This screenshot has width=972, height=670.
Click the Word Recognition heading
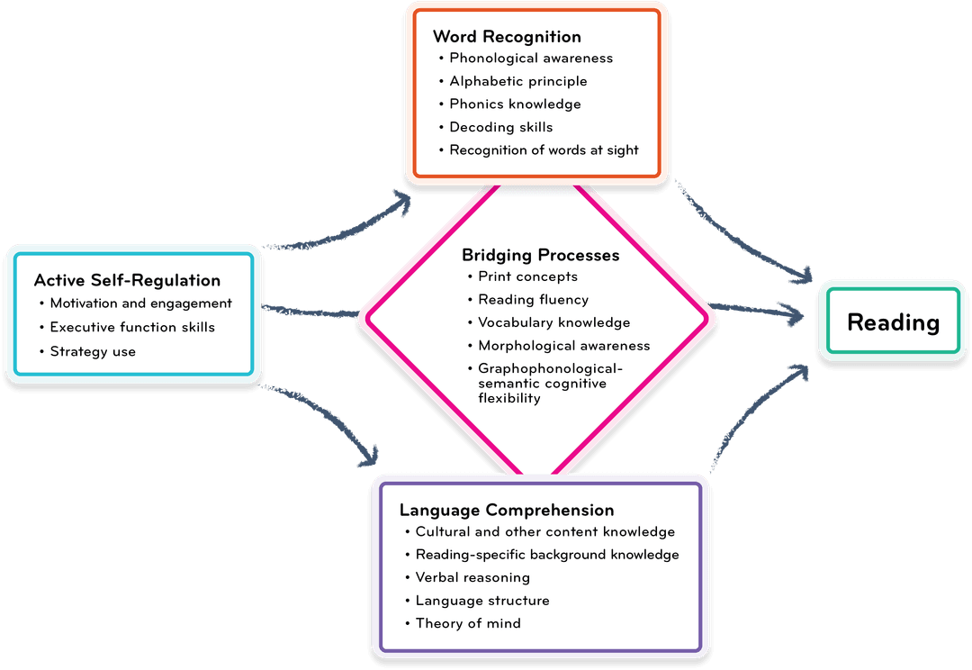(x=507, y=37)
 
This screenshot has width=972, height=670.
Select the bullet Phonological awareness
(x=531, y=59)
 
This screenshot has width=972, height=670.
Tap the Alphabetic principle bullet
(x=518, y=81)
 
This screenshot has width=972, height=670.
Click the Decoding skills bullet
(x=501, y=127)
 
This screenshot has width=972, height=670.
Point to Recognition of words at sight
(x=544, y=150)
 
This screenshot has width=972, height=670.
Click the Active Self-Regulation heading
(x=127, y=281)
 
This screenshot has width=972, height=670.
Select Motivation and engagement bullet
(x=140, y=303)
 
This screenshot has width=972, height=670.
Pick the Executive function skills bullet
(x=132, y=327)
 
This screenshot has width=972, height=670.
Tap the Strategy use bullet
(x=93, y=351)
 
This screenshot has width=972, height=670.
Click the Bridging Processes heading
(x=540, y=255)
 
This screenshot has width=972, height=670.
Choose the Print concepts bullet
(x=527, y=276)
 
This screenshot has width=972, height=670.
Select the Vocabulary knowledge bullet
(x=553, y=322)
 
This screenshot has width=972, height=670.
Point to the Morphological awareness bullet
(x=563, y=346)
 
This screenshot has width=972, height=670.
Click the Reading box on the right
(x=893, y=322)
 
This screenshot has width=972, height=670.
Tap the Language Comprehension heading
(x=507, y=511)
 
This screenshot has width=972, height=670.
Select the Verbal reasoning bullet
(x=472, y=577)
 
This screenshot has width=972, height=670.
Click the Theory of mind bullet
(x=468, y=623)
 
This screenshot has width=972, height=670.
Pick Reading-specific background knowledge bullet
(x=546, y=555)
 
